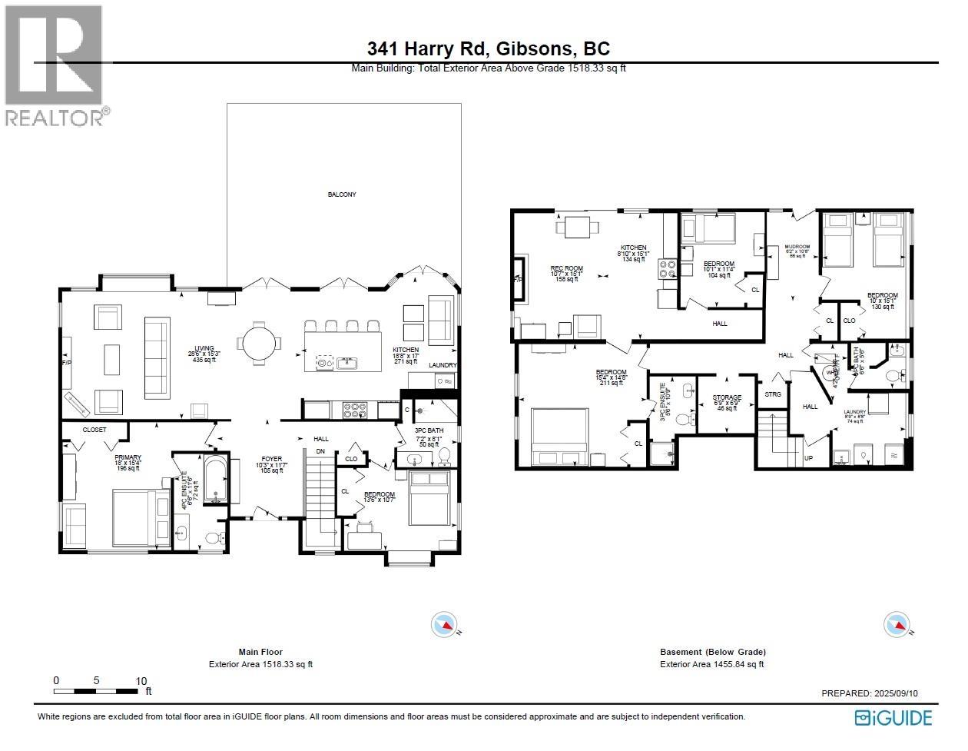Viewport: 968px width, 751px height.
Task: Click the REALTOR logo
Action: [55, 66]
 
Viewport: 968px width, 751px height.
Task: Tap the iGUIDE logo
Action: [893, 718]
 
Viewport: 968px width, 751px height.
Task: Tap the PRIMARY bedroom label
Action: [128, 457]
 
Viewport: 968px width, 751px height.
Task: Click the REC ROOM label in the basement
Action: [568, 268]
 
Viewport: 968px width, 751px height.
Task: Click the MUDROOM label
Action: [797, 248]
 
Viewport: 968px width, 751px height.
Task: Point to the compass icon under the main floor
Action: [444, 623]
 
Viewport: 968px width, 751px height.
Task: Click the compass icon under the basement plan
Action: [897, 623]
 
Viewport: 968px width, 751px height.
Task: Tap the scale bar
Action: [97, 690]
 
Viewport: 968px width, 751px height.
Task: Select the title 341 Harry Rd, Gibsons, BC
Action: [489, 48]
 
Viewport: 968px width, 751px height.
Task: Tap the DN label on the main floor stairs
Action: [320, 451]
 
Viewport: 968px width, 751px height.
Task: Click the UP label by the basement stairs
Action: [808, 458]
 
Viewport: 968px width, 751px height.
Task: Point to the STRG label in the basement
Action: [772, 394]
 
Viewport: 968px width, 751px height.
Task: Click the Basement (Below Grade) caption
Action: [712, 652]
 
